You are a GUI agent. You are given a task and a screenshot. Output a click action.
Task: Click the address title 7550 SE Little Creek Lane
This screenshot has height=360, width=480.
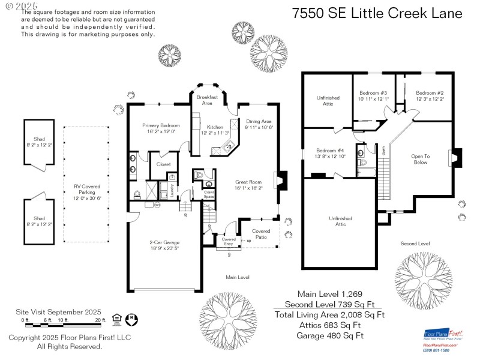click(x=377, y=13)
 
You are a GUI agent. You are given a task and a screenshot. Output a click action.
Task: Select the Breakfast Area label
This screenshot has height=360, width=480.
click(x=207, y=100)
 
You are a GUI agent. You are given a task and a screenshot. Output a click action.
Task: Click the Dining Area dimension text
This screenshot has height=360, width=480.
click(x=259, y=127)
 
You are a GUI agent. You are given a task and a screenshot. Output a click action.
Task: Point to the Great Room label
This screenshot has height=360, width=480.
click(x=247, y=181)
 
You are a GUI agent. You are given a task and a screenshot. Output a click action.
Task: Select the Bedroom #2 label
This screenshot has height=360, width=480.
click(x=430, y=93)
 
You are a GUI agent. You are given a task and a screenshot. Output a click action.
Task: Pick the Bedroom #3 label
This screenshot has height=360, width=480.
click(x=373, y=93)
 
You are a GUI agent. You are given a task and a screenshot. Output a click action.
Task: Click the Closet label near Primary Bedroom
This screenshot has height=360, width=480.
click(x=163, y=164)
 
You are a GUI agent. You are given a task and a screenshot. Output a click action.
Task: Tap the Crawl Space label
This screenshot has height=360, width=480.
click(x=209, y=194)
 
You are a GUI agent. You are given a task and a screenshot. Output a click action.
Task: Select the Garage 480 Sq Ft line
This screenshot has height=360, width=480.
click(x=329, y=335)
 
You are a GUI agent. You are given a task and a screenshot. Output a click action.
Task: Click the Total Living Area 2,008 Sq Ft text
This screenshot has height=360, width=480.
click(x=329, y=314)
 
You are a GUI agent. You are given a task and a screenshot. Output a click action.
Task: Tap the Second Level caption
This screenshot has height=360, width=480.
click(x=415, y=244)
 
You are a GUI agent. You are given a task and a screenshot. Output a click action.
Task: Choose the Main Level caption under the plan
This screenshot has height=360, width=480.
click(x=238, y=277)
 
